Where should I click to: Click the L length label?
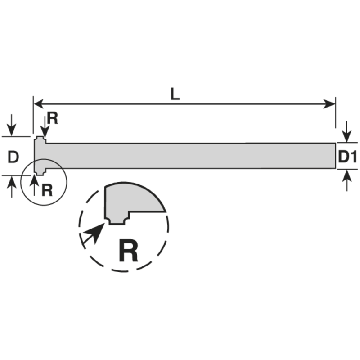pos(175,94)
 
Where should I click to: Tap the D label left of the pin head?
pos(13,157)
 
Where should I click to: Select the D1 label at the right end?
pos(347,157)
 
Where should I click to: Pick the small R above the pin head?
pos(53,119)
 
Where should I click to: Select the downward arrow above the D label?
pos(12,124)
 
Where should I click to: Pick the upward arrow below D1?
pos(346,182)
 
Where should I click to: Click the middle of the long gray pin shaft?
pos(189,156)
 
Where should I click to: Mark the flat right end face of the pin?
pos(336,156)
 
